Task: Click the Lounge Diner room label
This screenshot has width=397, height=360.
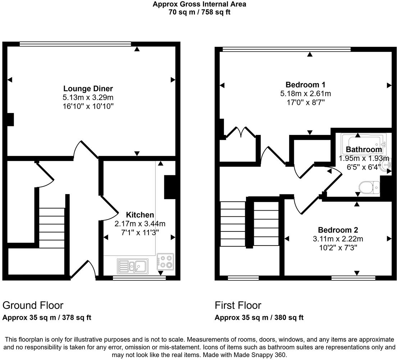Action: (88, 89)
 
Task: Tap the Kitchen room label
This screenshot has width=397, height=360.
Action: (140, 215)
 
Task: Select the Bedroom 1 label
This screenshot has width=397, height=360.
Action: (305, 85)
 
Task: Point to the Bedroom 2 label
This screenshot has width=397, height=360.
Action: (338, 230)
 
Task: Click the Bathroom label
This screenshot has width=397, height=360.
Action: (364, 149)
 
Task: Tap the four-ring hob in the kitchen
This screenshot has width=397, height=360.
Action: (165, 262)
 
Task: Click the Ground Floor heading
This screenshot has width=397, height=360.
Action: (33, 305)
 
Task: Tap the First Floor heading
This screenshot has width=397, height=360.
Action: (238, 305)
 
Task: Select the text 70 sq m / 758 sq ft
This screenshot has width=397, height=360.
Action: (199, 12)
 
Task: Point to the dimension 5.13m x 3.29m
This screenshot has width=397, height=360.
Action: (88, 98)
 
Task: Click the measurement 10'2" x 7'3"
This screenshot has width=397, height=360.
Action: (338, 247)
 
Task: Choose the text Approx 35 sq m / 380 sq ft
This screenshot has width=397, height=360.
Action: (259, 318)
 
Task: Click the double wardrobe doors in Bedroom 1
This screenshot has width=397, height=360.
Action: (240, 132)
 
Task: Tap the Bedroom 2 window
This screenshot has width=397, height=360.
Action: (353, 278)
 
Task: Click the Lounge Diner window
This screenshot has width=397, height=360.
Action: (76, 44)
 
